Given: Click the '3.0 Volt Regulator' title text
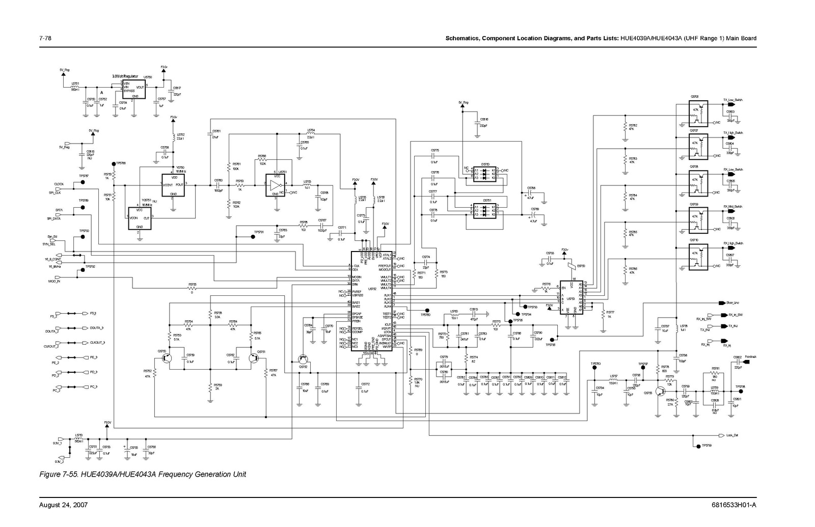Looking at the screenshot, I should pos(125,76).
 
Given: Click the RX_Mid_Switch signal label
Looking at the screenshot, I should pos(732,207).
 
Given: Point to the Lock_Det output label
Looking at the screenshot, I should pos(732,435).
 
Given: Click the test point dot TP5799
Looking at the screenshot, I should pos(697,447).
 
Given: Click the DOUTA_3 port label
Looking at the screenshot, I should pos(96,328).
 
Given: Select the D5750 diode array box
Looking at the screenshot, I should pos(485,174).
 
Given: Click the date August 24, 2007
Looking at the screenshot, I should pos(64,505).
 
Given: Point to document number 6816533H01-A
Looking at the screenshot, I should pos(733,505).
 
